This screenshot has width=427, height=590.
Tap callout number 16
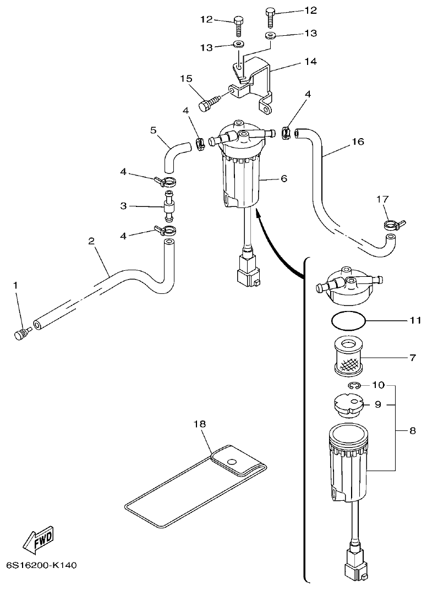[358, 141]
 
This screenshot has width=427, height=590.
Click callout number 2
[91, 241]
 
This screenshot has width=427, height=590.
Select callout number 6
[283, 178]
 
